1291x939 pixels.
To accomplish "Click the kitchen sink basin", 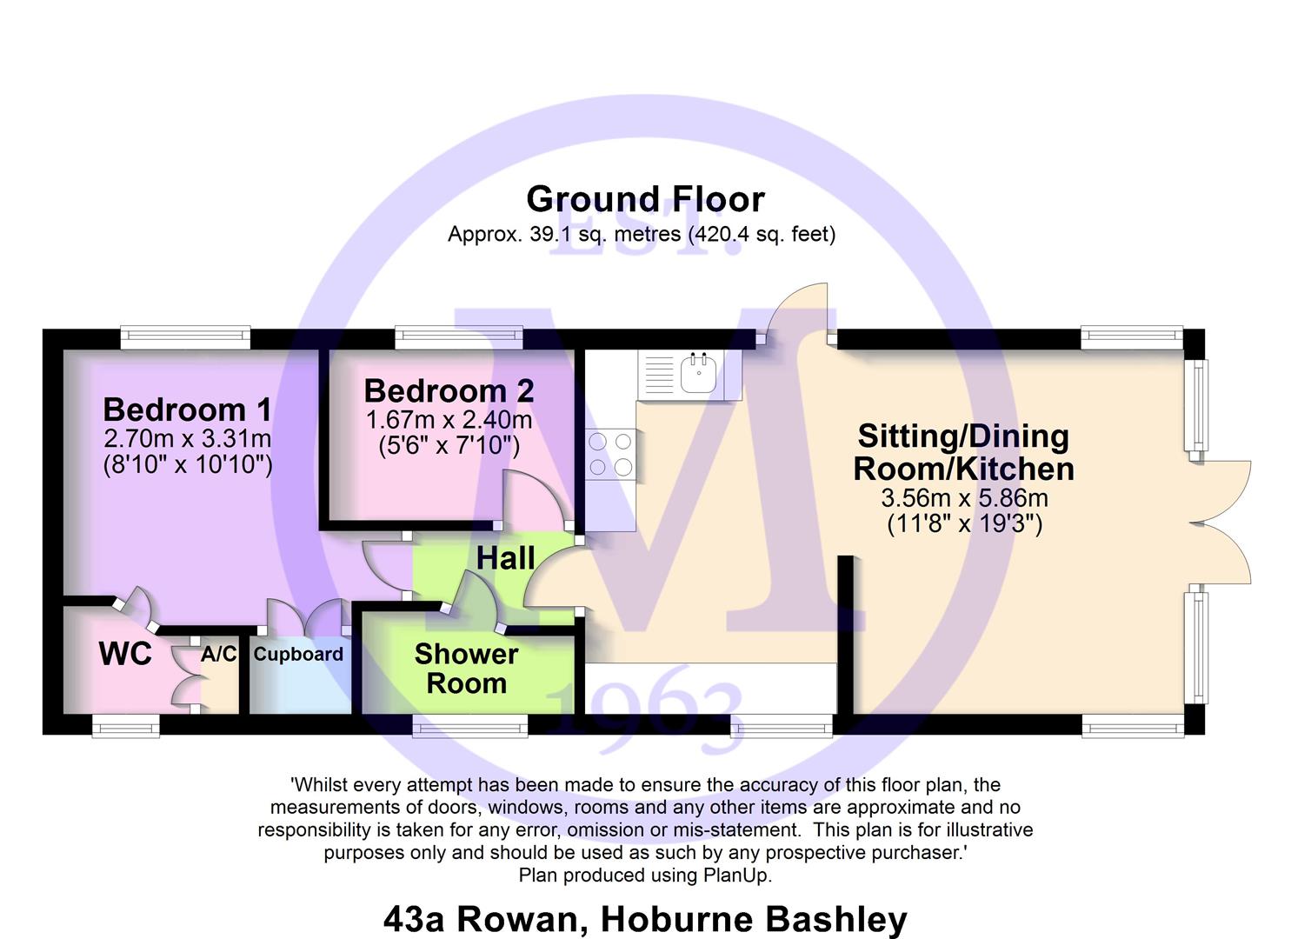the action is [x=698, y=373].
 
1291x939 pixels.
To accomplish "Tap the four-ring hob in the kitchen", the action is [x=610, y=454].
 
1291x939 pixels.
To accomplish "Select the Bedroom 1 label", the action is [x=187, y=410].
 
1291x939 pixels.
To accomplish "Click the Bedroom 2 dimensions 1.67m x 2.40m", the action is [x=449, y=420].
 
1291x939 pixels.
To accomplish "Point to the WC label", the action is [x=126, y=654].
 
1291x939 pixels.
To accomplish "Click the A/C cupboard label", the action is [x=219, y=654].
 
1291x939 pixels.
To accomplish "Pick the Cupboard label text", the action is [x=298, y=654].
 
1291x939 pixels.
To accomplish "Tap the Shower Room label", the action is [x=466, y=669].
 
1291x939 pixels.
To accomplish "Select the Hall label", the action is [x=505, y=558].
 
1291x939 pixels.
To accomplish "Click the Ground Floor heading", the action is [x=645, y=199].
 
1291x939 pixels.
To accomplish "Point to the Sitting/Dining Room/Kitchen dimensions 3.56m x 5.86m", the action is [x=964, y=498].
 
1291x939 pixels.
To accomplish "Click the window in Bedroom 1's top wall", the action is [x=185, y=337].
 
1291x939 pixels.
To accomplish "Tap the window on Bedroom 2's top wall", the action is [x=459, y=337].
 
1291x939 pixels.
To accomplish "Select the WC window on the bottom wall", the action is [x=126, y=726].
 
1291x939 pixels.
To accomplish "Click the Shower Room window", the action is [x=470, y=726].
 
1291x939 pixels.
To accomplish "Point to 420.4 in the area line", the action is [x=717, y=234].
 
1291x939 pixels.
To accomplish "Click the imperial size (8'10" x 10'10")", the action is [x=188, y=464].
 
